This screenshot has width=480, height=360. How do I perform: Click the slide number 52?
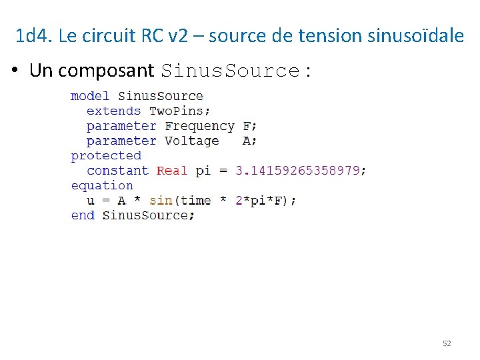click(447, 343)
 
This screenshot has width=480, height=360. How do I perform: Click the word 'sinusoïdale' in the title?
click(415, 36)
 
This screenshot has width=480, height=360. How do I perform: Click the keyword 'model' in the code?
click(90, 96)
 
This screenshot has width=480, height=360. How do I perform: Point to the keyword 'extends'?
click(113, 111)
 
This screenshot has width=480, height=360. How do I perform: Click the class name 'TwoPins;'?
click(179, 111)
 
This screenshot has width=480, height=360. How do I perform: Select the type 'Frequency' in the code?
click(199, 126)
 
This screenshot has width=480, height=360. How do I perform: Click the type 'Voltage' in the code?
click(191, 141)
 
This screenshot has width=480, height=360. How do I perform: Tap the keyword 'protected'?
click(106, 156)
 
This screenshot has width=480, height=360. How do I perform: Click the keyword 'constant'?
click(117, 171)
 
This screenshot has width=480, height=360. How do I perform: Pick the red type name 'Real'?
click(172, 171)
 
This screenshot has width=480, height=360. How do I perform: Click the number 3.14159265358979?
click(300, 171)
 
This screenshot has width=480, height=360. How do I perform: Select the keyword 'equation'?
click(102, 186)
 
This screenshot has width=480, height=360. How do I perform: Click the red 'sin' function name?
click(161, 201)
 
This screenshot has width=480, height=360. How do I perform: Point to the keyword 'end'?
click(83, 215)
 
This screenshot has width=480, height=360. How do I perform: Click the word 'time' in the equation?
click(195, 201)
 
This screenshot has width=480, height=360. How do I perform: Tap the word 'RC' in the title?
click(152, 36)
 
